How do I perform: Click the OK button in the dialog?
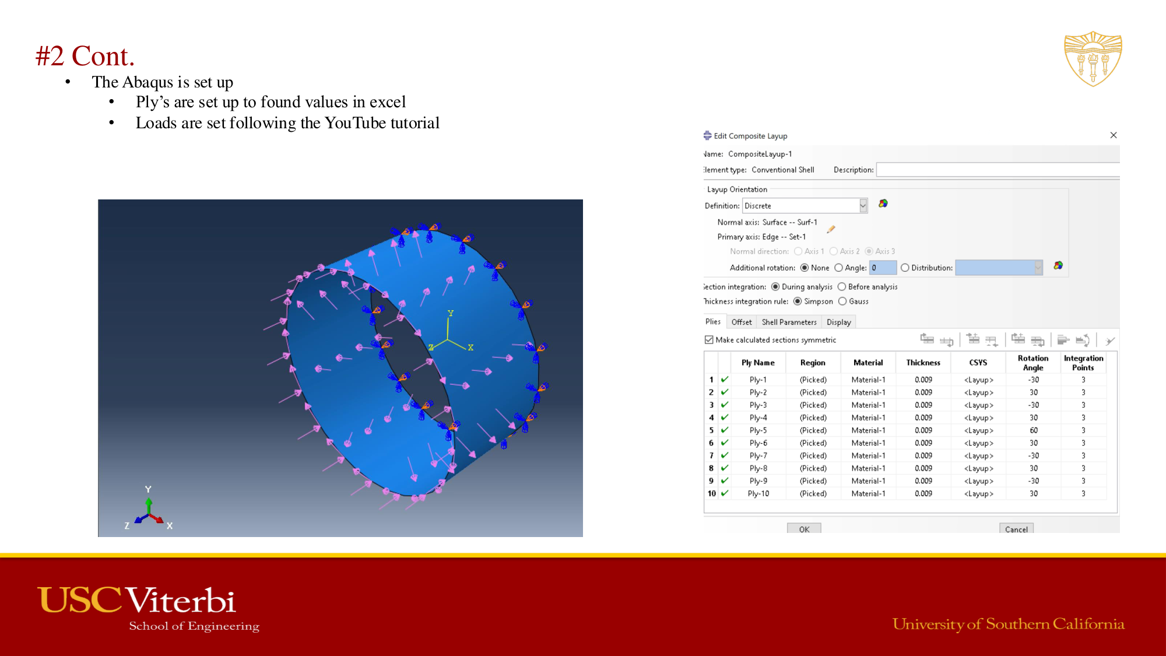pos(804,529)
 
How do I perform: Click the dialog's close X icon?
pos(1114,135)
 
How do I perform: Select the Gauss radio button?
pos(842,301)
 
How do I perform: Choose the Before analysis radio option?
pos(842,287)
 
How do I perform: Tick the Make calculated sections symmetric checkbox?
pos(709,340)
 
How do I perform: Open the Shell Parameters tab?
pos(789,322)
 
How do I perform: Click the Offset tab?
pos(742,322)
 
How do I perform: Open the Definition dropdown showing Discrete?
pos(863,206)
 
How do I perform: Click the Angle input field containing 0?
pos(883,268)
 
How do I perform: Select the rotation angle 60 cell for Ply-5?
pos(1033,430)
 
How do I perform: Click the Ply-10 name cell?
pos(758,493)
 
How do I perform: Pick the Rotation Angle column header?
pos(1033,363)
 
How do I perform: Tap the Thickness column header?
pos(923,363)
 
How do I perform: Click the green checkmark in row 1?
pos(725,380)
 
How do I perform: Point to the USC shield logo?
pos(1093,59)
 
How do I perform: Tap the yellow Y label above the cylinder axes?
pos(450,313)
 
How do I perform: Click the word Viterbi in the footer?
pos(181,601)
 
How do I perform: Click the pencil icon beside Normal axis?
pos(831,229)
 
